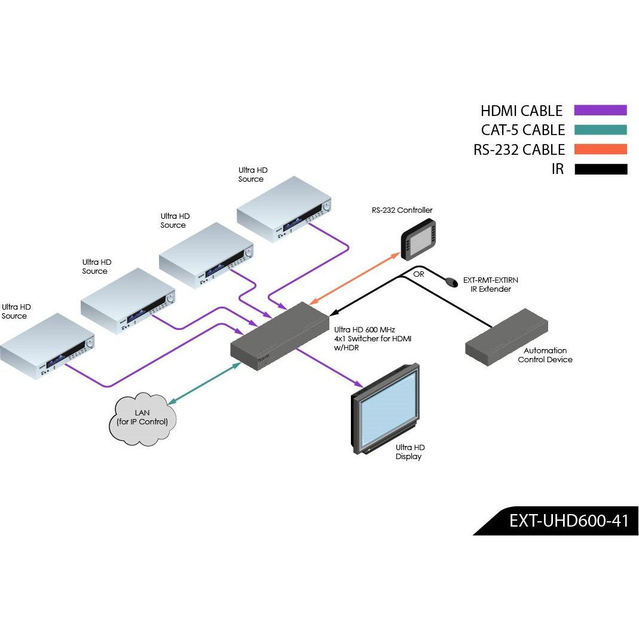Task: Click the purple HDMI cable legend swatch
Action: point(600,110)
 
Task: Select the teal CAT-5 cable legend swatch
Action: point(600,130)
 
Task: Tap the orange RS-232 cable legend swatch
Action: point(600,149)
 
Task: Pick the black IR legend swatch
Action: point(600,169)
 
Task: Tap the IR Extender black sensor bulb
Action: point(450,281)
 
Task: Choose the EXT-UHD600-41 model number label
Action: point(568,521)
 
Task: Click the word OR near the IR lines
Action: point(418,274)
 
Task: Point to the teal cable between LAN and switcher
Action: point(203,382)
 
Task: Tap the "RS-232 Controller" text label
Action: point(402,210)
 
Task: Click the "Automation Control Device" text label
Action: point(545,355)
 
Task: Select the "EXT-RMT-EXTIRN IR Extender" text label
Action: point(490,285)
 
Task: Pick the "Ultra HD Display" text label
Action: point(410,452)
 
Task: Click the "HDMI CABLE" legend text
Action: point(521,111)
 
